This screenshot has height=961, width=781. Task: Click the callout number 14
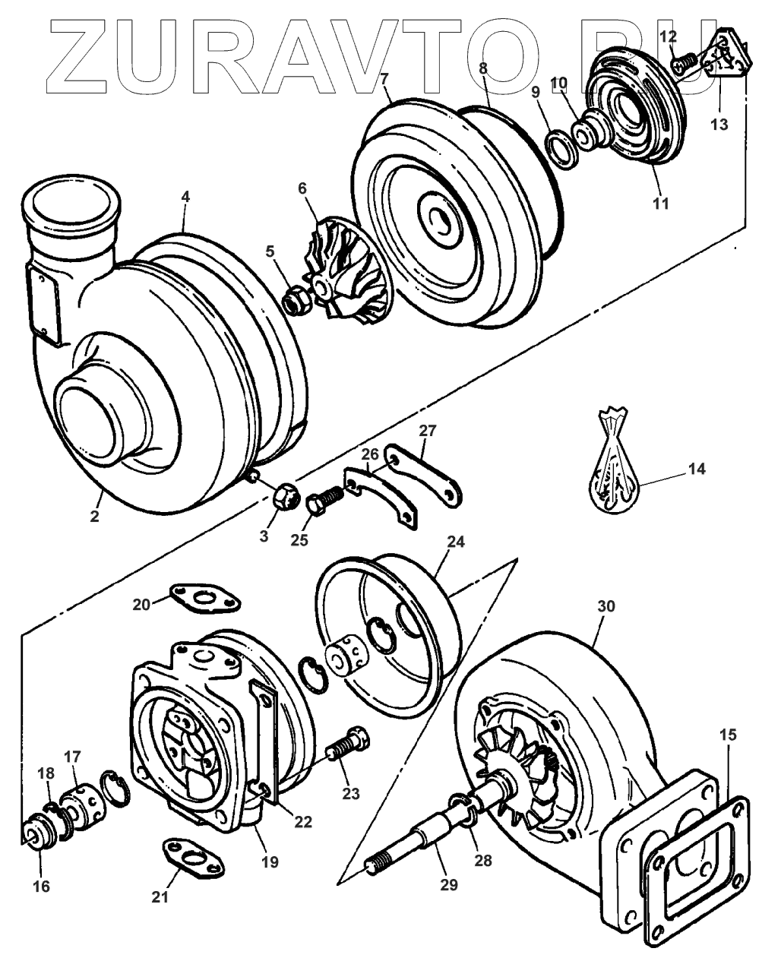click(696, 469)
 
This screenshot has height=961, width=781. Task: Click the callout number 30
click(606, 606)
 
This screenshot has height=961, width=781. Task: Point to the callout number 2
click(94, 516)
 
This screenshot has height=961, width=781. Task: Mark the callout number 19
click(269, 862)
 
